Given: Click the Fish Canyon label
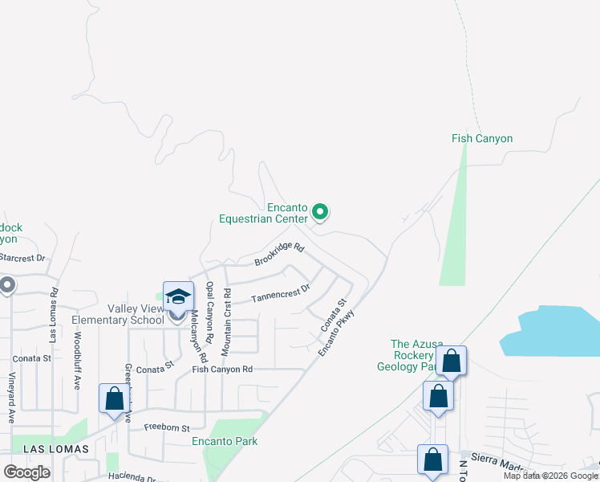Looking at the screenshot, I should pos(481,139).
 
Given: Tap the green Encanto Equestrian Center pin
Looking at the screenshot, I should pos(320,212).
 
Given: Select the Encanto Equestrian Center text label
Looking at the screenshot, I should pos(265,212).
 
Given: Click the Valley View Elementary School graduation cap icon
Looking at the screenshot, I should pos(178,296).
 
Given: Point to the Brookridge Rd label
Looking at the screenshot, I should pos(279,255).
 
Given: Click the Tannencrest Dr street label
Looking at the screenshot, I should pos(280,293).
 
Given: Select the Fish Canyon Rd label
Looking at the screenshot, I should pos(222,370).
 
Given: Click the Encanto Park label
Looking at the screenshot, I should pos(224,441).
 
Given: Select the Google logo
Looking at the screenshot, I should pos(27,472).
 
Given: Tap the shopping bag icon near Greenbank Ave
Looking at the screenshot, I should pos(114,398).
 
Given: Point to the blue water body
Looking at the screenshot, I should pos(553,329).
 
